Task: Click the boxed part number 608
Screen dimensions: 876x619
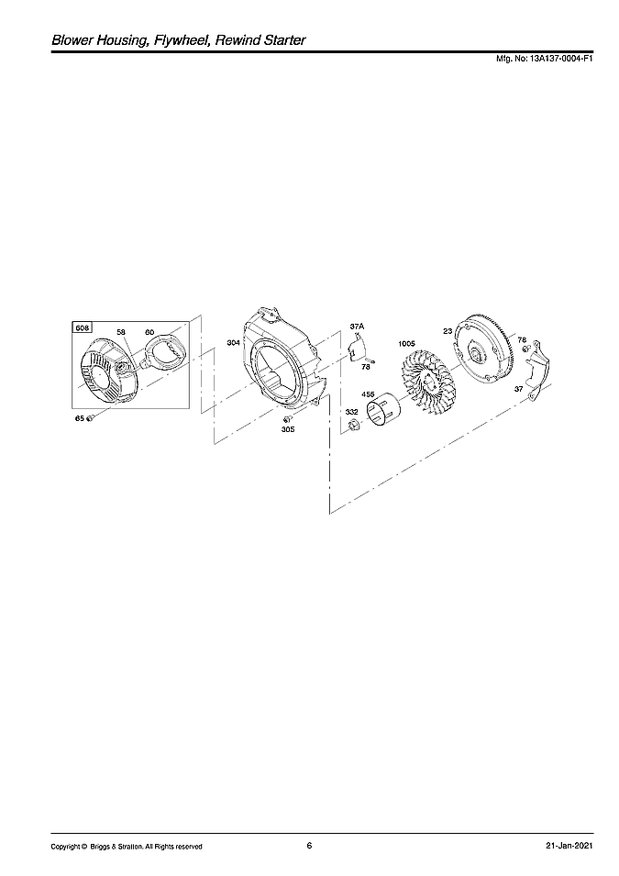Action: click(83, 327)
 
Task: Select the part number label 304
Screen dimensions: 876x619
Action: click(234, 342)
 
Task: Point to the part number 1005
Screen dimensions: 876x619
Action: click(405, 344)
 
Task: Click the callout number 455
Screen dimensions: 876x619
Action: click(368, 394)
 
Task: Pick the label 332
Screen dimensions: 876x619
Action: click(351, 413)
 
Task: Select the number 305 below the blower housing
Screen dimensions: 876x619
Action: click(288, 429)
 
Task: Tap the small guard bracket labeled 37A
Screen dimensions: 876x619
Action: click(358, 349)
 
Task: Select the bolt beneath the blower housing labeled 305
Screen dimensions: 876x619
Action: click(288, 419)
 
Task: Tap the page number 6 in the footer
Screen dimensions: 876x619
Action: click(309, 846)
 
